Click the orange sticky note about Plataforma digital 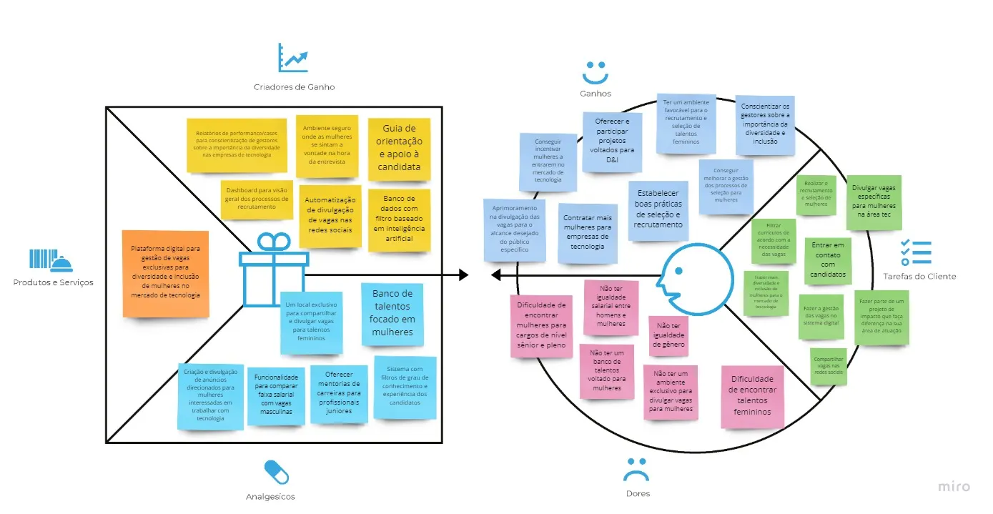tap(165, 274)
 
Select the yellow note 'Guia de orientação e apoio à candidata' tap(399, 149)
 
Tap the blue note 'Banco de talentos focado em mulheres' tap(391, 314)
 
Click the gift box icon tap(274, 265)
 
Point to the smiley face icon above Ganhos tap(595, 71)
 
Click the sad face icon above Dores tap(635, 469)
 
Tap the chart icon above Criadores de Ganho tap(293, 58)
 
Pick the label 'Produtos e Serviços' tap(53, 282)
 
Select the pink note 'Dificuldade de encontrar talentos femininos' tap(751, 397)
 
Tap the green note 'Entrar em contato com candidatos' tap(828, 260)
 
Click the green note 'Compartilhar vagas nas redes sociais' tap(828, 366)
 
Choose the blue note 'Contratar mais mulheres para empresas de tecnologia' tap(588, 232)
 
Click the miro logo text tap(954, 487)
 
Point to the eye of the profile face tap(677, 270)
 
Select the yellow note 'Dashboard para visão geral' tap(256, 198)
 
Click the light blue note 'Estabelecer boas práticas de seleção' tap(658, 208)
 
